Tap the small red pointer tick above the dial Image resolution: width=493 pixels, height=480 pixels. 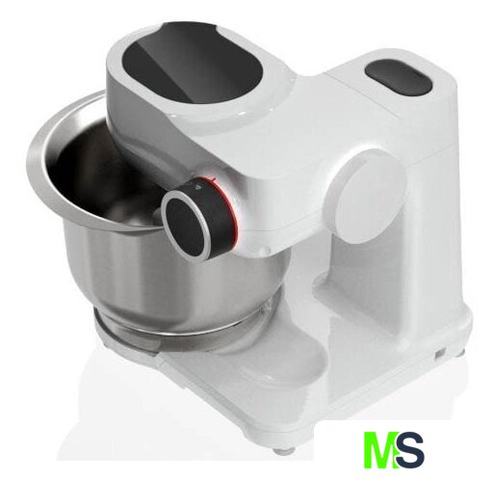[212, 177]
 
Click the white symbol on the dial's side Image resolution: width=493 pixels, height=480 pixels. [197, 186]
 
